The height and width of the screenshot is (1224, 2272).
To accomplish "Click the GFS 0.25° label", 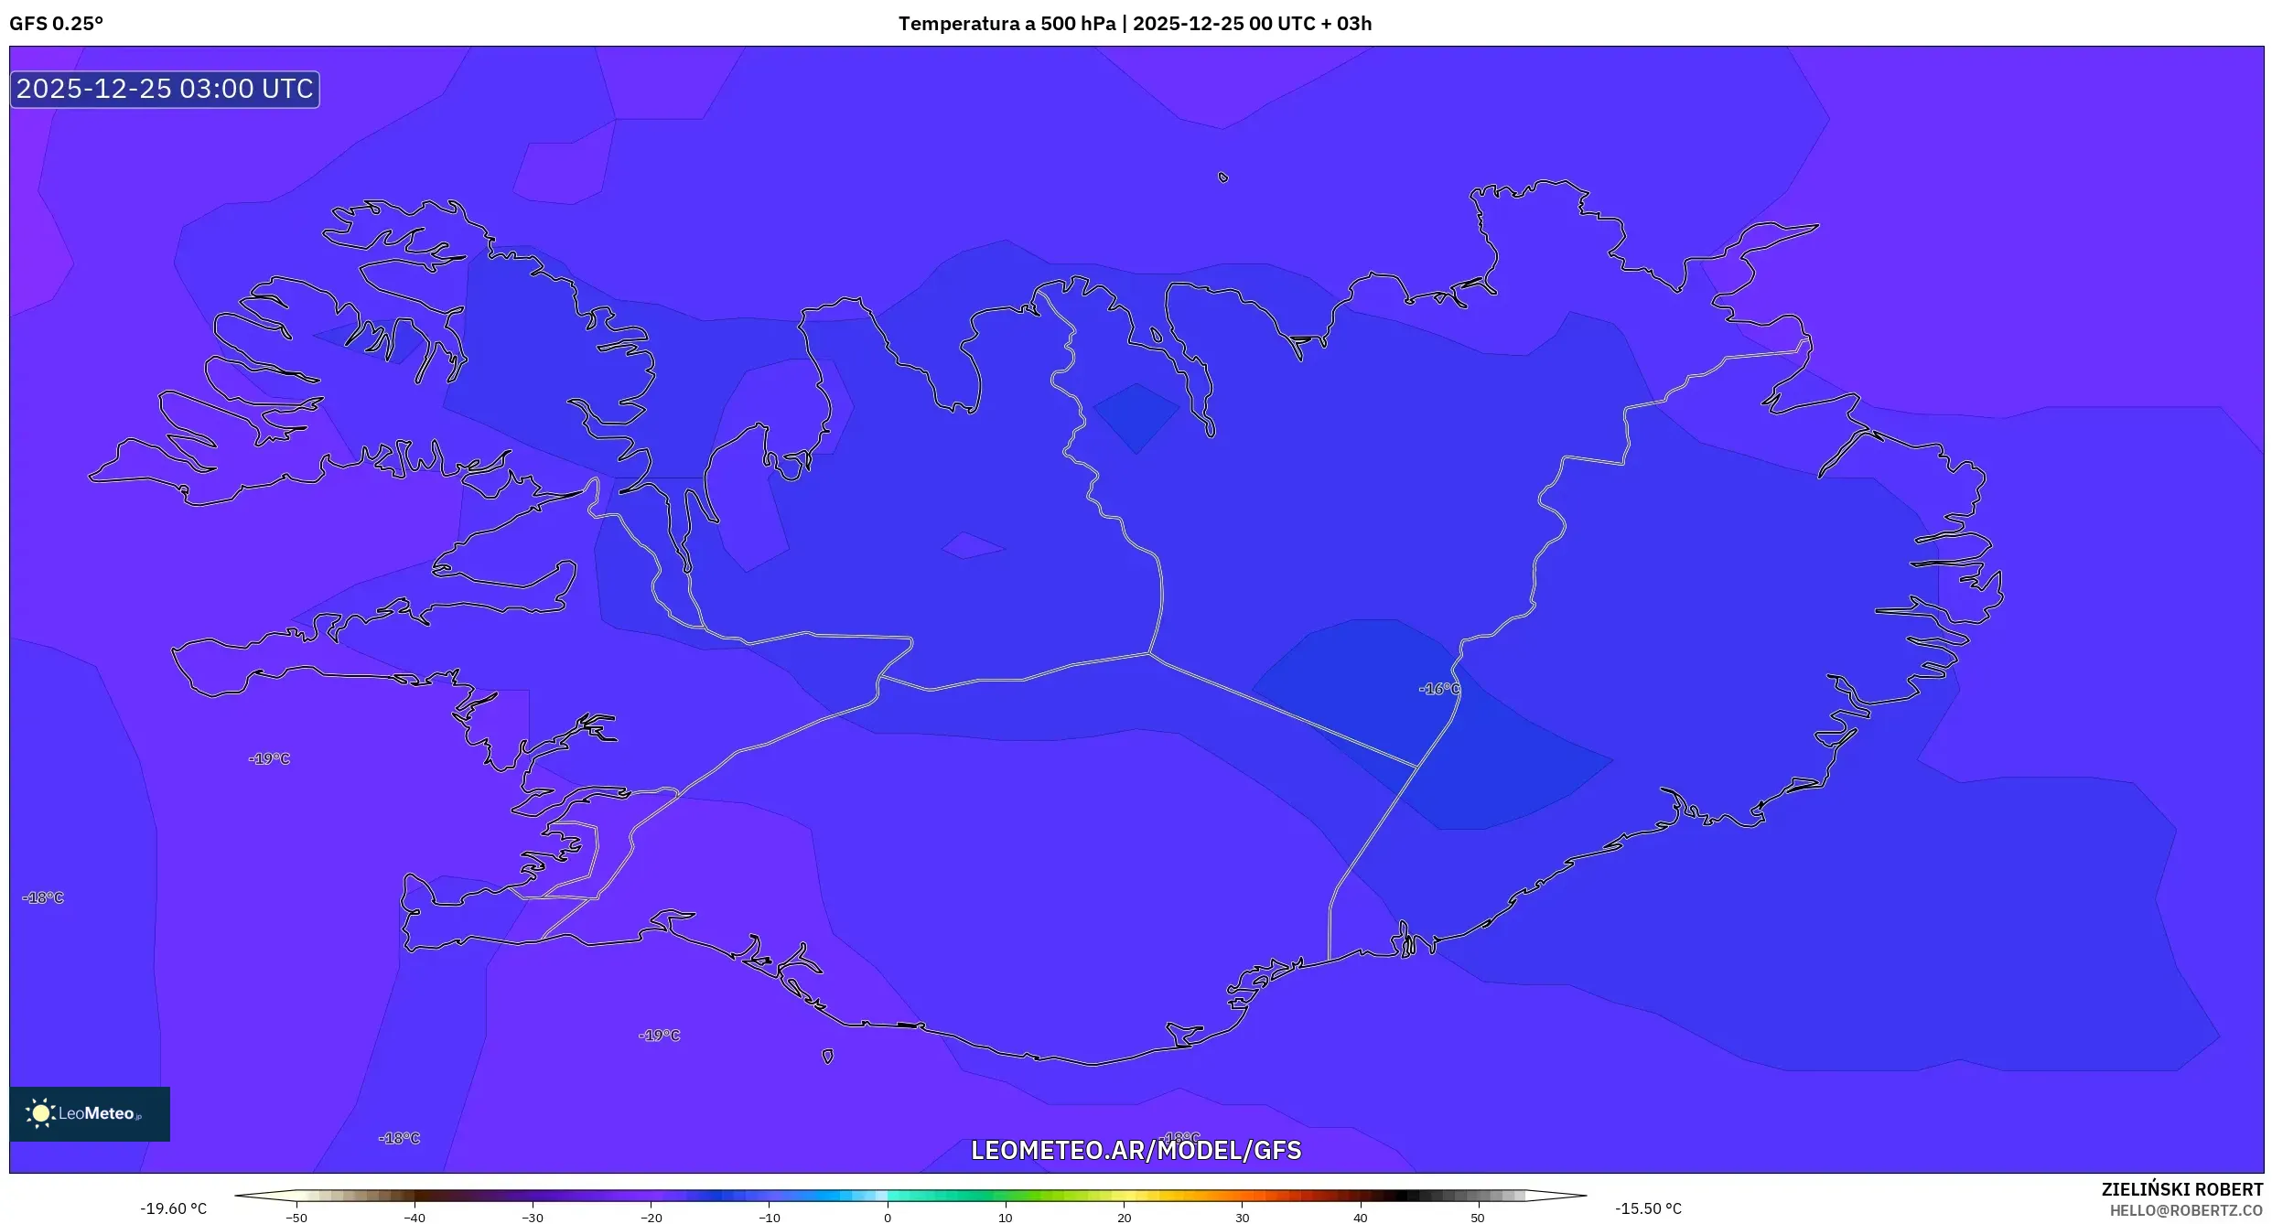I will pos(57,24).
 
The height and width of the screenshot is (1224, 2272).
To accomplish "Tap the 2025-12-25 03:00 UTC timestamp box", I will pos(165,90).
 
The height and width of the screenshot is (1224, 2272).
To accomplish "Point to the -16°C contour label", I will pos(1438,689).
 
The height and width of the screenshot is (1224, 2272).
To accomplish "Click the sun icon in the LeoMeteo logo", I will pos(41,1112).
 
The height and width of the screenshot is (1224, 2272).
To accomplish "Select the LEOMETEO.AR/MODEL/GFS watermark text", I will pos(1136,1150).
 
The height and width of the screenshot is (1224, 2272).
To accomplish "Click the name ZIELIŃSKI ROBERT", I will pos(2181,1189).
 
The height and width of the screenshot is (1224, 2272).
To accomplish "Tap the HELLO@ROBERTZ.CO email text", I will pos(2186,1210).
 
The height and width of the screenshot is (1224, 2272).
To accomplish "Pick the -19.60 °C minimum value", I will pos(174,1208).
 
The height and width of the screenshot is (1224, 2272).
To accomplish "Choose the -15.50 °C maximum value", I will pos(1648,1208).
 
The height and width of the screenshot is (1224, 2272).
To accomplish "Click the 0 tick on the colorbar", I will pos(888,1218).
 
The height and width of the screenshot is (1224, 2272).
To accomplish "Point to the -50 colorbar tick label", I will pos(296,1218).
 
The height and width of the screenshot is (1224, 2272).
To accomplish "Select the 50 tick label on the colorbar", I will pos(1478,1218).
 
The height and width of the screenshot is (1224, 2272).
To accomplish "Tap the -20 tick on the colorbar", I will pos(651,1218).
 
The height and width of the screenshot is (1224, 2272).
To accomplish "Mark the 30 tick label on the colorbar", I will pos(1242,1218).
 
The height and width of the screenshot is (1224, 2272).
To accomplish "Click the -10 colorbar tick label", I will pos(770,1218).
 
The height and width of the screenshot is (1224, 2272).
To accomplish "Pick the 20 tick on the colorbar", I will pos(1124,1218).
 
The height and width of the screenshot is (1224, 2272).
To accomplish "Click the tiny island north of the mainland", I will pos(1223,177).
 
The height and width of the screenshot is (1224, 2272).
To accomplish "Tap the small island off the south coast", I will pos(827,1057).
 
